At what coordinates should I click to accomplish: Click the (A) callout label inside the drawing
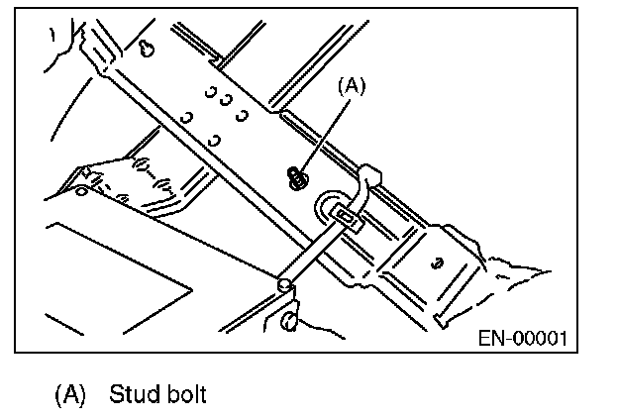[353, 86]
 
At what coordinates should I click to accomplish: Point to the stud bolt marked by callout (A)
[295, 178]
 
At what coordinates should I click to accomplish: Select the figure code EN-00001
[522, 337]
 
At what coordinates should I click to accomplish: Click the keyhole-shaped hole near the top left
[146, 50]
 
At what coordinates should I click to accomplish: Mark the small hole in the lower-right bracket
[436, 264]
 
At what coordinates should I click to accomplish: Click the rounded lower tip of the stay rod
[284, 285]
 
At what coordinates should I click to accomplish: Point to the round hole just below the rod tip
[288, 319]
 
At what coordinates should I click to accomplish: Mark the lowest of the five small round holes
[214, 140]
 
